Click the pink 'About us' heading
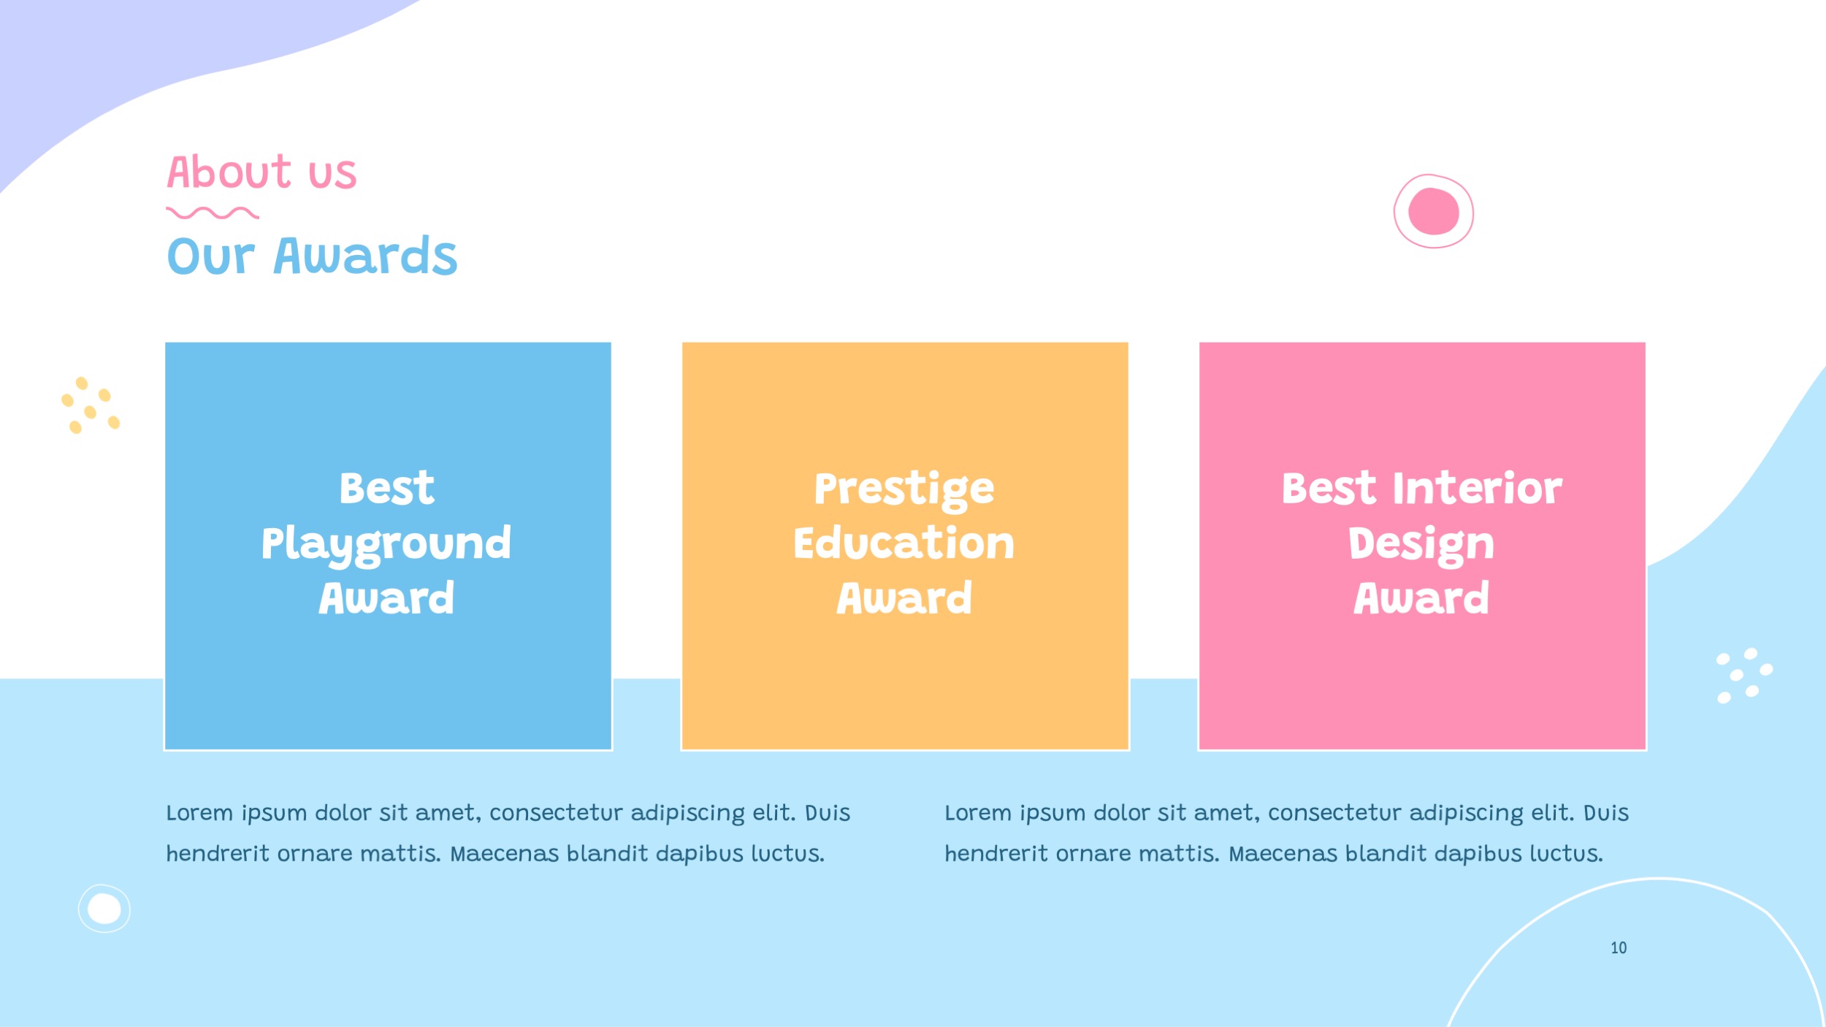(261, 172)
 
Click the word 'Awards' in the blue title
(365, 256)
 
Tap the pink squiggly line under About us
(212, 213)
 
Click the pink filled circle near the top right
(1433, 211)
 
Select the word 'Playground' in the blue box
(386, 544)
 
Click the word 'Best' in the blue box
(386, 488)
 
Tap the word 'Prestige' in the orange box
(904, 489)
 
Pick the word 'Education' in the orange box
(904, 543)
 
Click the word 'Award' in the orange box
(904, 598)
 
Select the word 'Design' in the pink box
(1421, 545)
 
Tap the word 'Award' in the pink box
(1421, 598)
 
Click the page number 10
(1619, 948)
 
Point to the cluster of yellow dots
(90, 405)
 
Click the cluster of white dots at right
(1743, 675)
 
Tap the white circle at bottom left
(104, 909)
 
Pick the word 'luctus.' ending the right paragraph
(1566, 854)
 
